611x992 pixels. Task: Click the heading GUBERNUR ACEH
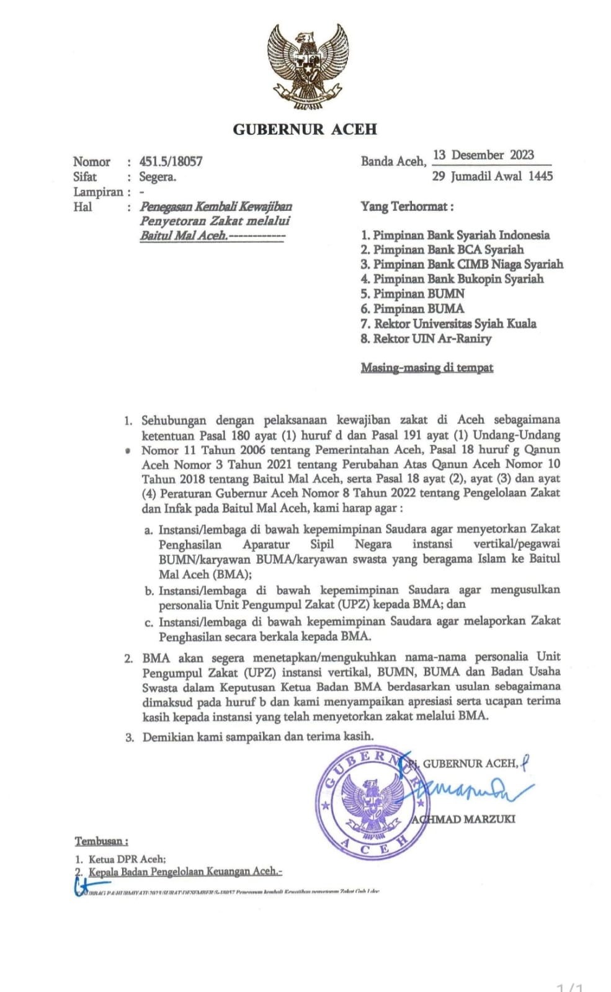pyautogui.click(x=305, y=129)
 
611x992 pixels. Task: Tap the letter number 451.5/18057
pyautogui.click(x=171, y=162)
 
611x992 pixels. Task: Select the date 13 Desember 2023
pyautogui.click(x=484, y=155)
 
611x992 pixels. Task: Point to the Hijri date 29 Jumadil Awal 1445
pyautogui.click(x=492, y=176)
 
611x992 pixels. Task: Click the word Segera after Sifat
pyautogui.click(x=158, y=177)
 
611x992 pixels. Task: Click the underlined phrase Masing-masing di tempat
pyautogui.click(x=427, y=368)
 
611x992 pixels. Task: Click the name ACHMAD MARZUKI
pyautogui.click(x=463, y=819)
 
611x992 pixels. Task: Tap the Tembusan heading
pyautogui.click(x=101, y=841)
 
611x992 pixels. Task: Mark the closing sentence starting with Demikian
pyautogui.click(x=258, y=737)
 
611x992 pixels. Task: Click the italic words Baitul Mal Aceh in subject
pyautogui.click(x=183, y=236)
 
